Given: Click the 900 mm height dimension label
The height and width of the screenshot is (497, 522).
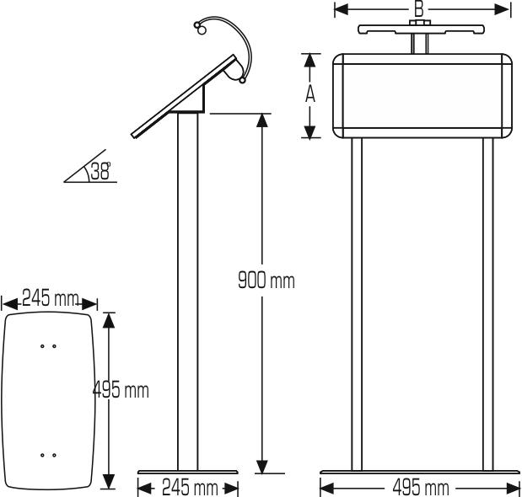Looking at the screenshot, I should [266, 280].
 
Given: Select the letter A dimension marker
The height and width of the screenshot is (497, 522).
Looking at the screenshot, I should [310, 94].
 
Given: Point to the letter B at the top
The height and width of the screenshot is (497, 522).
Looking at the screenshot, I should [418, 9].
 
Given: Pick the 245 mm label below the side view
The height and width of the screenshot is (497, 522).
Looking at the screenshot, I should [188, 488].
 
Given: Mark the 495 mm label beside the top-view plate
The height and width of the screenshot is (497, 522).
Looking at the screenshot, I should [121, 390].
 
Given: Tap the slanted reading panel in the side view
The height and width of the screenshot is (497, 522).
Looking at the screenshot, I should [181, 97].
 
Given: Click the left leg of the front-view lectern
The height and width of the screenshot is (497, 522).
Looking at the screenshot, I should [357, 303].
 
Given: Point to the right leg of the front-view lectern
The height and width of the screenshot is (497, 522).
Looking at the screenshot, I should [487, 303].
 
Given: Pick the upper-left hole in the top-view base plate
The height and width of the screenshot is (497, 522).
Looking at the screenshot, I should [43, 345].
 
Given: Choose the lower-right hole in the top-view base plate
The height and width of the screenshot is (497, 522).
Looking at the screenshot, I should [54, 455].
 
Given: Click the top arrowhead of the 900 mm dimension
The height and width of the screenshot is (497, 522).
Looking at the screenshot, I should [262, 120].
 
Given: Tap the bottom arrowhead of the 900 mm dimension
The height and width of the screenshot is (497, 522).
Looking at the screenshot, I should [262, 466].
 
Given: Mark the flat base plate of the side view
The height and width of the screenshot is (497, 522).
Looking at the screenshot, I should [188, 472].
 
